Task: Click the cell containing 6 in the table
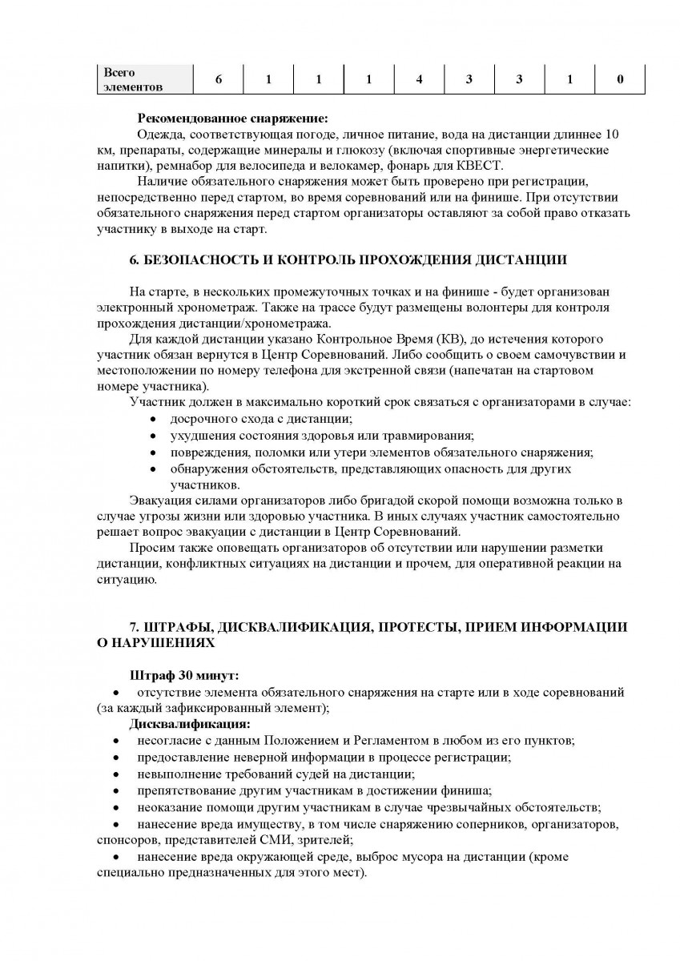pos(219,79)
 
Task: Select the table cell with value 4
pos(419,79)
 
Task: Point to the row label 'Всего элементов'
pos(133,79)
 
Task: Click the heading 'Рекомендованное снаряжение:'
pos(227,118)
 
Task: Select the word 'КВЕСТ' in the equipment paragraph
pos(481,166)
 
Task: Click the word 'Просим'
pos(149,548)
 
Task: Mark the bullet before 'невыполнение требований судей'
pos(117,774)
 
